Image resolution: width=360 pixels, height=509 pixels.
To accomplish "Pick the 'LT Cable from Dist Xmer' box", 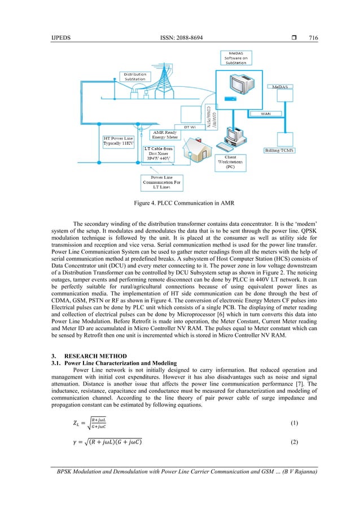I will [164, 155].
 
